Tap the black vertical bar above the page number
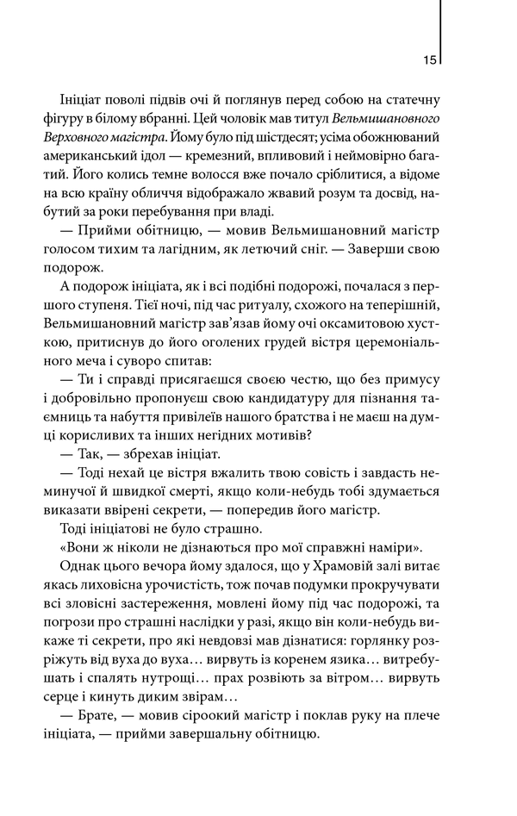(x=440, y=24)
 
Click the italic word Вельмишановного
(x=383, y=118)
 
